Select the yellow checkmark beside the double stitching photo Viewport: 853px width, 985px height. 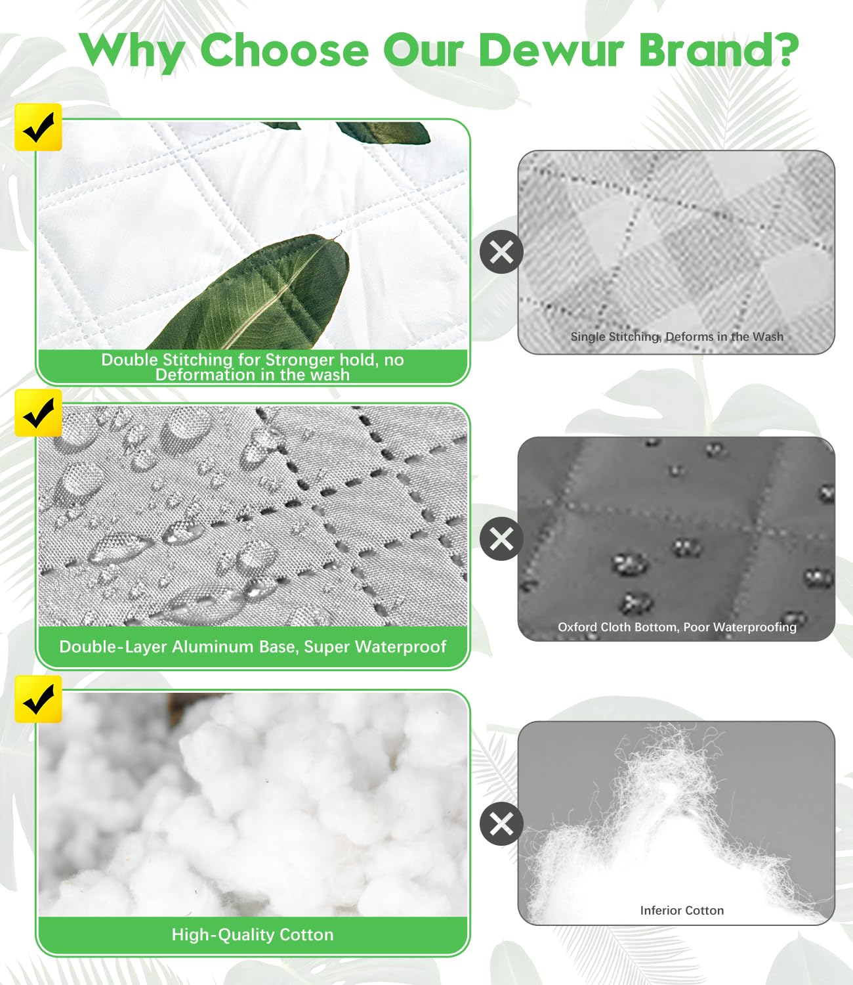click(38, 127)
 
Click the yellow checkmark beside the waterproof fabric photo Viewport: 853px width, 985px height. click(38, 413)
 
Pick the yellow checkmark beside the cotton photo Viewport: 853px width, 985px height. click(38, 699)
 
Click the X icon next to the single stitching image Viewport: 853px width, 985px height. click(501, 252)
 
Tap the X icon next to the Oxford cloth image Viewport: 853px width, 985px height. click(501, 538)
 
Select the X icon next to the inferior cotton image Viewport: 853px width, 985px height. click(501, 823)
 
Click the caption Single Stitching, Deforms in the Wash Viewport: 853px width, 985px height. click(676, 337)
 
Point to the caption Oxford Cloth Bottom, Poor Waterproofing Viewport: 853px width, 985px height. click(676, 627)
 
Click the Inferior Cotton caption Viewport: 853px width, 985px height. click(682, 910)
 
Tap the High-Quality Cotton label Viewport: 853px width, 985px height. click(253, 934)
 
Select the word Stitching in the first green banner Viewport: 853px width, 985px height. click(196, 360)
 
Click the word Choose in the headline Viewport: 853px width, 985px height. click(284, 50)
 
